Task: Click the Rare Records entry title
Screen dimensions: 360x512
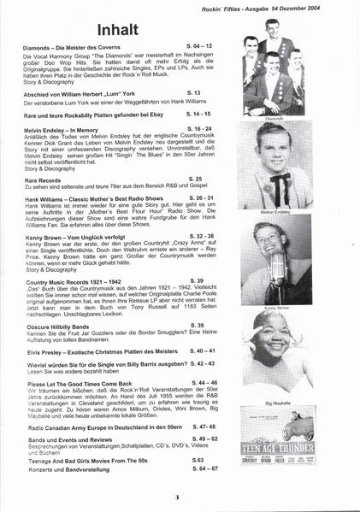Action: [44, 180]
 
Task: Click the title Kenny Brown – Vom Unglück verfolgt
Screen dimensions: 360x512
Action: [81, 233]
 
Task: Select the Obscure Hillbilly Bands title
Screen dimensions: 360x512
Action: [62, 326]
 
